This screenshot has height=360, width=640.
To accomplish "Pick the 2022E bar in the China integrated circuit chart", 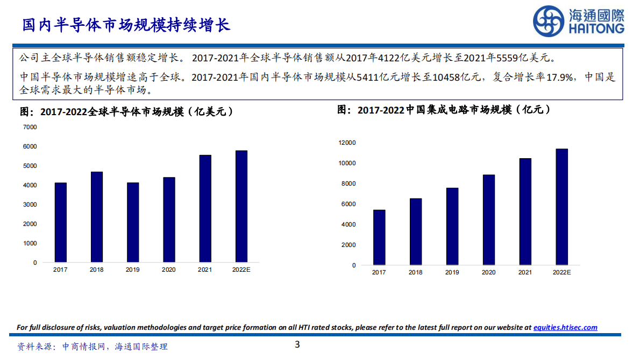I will point(561,207).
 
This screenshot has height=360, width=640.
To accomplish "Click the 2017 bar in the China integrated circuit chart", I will point(379,237).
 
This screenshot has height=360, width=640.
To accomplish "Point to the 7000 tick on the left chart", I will point(30,127).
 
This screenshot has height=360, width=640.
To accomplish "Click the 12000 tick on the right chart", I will point(347,143).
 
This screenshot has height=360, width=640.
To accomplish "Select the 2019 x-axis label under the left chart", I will point(133,270).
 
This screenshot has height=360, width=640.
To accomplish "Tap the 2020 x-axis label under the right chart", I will point(488,272).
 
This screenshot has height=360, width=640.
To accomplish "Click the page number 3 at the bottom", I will point(297,345).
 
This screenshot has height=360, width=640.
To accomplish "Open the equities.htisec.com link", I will point(565,327).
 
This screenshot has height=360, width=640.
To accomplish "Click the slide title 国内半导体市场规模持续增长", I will point(126,25).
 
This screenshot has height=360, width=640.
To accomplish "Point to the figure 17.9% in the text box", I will point(560,77).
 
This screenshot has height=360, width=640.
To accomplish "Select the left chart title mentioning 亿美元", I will point(127,112).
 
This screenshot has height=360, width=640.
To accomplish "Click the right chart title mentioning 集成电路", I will point(444,110).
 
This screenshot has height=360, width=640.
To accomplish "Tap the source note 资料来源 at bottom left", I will point(93,347).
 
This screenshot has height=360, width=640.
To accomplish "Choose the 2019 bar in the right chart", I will point(452,227).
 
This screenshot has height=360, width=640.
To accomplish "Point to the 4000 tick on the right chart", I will point(349,224).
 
